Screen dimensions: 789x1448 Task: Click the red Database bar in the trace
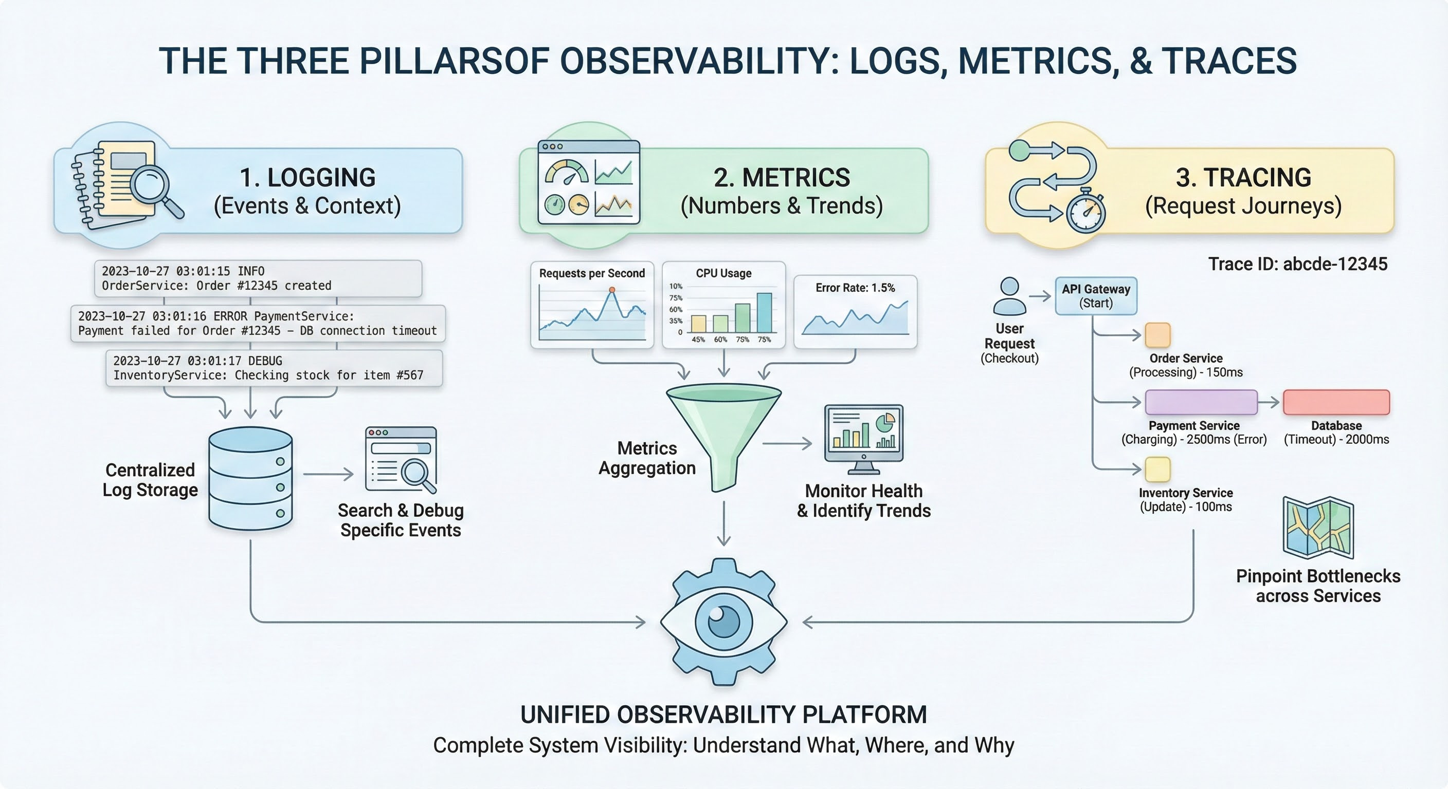click(x=1336, y=402)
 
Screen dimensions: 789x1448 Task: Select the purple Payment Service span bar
click(x=1201, y=402)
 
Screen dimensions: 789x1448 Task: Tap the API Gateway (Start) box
click(x=1096, y=296)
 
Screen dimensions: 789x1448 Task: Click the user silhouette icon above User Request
click(x=1009, y=296)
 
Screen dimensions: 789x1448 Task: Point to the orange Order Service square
click(x=1158, y=335)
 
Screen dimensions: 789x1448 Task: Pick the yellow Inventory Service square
click(x=1158, y=469)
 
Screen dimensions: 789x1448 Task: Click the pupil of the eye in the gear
click(x=723, y=622)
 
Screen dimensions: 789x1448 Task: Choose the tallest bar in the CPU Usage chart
click(x=764, y=312)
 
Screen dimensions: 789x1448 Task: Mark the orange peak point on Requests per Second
click(x=612, y=290)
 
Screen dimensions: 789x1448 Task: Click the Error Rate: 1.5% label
click(x=855, y=288)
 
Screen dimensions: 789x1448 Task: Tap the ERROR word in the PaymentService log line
click(x=230, y=316)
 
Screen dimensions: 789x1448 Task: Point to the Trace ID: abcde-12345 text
click(x=1297, y=264)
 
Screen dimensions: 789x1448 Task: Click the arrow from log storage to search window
click(x=328, y=474)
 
